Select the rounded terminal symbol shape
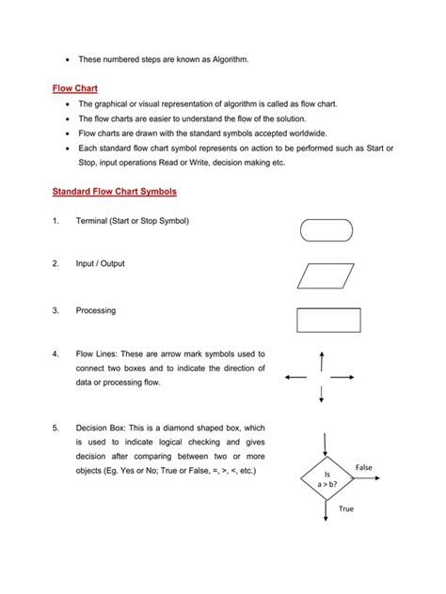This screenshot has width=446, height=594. [326, 229]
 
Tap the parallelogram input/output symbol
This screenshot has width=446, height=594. [325, 274]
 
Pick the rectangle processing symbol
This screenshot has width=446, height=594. [325, 320]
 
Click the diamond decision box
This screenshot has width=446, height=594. [327, 479]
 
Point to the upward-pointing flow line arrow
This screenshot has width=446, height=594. [322, 361]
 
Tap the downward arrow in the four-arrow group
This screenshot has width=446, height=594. [322, 395]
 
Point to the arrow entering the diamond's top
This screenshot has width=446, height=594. [326, 443]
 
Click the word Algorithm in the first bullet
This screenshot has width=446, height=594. [226, 60]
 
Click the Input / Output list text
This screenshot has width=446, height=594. [101, 264]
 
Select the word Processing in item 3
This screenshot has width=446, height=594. [95, 309]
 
